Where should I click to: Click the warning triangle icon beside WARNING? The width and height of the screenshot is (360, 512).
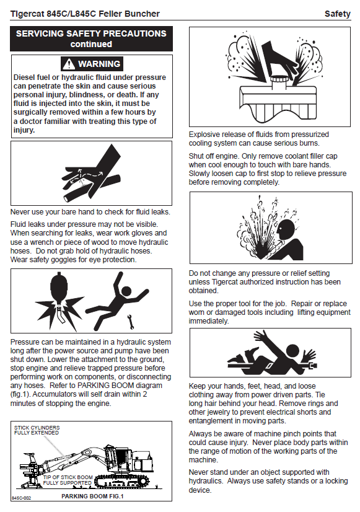pyautogui.click(x=69, y=64)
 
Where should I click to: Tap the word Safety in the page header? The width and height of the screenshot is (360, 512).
pyautogui.click(x=338, y=14)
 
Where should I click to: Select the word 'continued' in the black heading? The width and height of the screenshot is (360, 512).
pyautogui.click(x=91, y=44)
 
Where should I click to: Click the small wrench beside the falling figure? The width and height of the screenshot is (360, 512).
pyautogui.click(x=131, y=321)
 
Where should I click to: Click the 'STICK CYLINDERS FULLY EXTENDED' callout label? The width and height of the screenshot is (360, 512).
pyautogui.click(x=37, y=430)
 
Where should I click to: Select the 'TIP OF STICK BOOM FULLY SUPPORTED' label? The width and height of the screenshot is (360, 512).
pyautogui.click(x=68, y=480)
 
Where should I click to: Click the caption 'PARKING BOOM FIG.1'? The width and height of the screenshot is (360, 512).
pyautogui.click(x=92, y=497)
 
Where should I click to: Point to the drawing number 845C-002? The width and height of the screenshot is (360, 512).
pyautogui.click(x=21, y=498)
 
